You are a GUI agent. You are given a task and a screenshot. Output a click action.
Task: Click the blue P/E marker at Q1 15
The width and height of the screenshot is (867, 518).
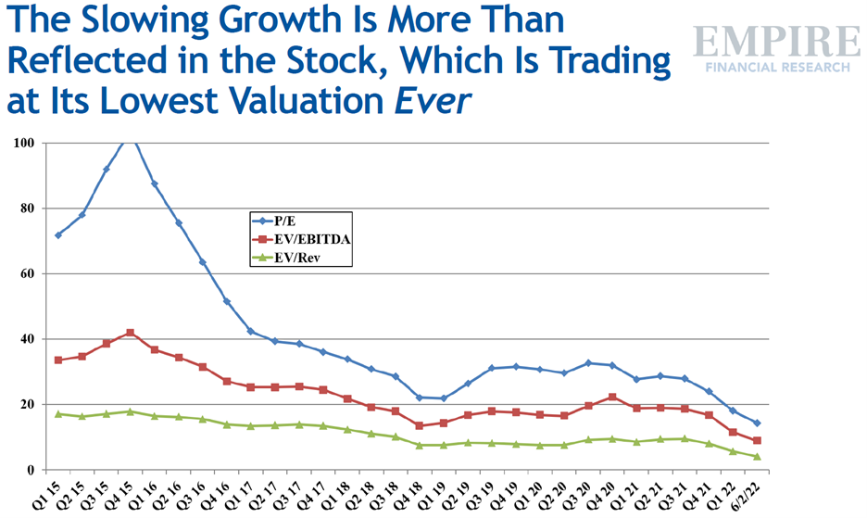[58, 234]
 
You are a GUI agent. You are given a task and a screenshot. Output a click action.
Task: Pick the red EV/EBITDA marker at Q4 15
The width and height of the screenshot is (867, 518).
[131, 333]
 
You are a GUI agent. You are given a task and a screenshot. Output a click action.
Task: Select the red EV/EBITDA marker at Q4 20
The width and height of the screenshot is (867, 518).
[613, 397]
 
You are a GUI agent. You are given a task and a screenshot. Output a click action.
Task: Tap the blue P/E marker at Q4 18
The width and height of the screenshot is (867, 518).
[421, 398]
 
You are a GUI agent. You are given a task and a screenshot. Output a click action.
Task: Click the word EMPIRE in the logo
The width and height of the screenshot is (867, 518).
[776, 43]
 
